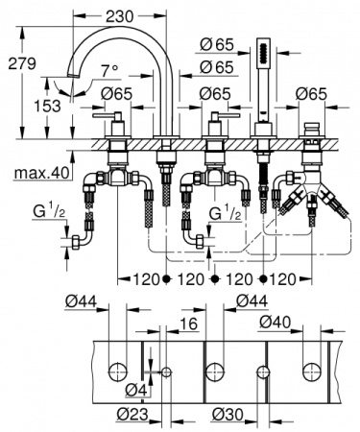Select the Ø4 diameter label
136,391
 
